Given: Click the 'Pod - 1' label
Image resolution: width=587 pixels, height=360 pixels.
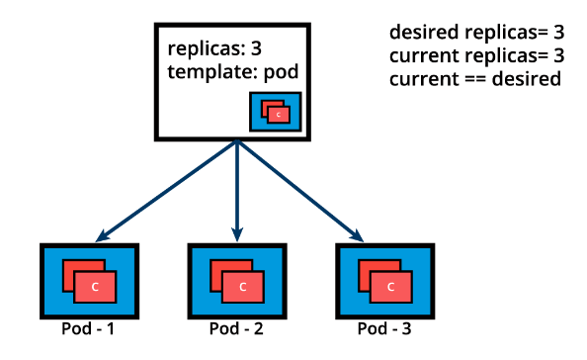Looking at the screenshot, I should pyautogui.click(x=87, y=328).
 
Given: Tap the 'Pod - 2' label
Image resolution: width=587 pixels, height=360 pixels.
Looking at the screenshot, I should pyautogui.click(x=235, y=328).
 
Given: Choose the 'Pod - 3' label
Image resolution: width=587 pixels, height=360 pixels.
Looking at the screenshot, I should pyautogui.click(x=384, y=328).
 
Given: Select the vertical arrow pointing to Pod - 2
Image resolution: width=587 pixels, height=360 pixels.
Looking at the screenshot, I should pyautogui.click(x=237, y=188).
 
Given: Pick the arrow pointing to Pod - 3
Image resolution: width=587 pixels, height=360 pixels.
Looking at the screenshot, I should pyautogui.click(x=301, y=191).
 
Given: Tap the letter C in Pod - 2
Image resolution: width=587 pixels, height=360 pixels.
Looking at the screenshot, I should pyautogui.click(x=243, y=287).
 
